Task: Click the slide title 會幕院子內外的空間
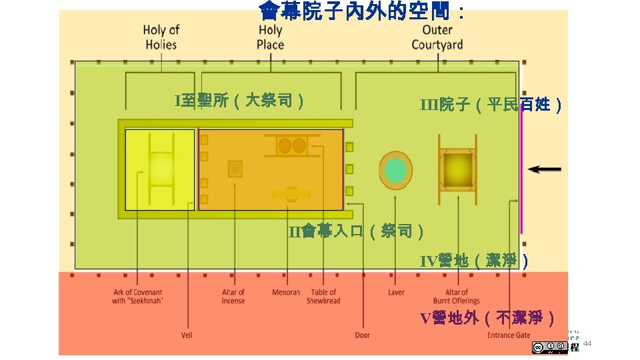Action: point(363,11)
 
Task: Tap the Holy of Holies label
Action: point(161,37)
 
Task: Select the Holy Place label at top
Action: point(270,37)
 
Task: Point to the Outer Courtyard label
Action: point(437,37)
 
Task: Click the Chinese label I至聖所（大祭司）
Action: point(241,101)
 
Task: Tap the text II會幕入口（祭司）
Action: point(357,231)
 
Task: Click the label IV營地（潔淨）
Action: point(475,261)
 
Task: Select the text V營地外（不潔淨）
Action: point(487,317)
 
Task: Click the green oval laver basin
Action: point(395,171)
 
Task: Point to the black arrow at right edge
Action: point(545,169)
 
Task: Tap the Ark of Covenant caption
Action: point(137,297)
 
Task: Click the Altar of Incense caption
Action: point(233,297)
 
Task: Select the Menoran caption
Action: point(286,293)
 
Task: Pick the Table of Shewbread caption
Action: point(323,297)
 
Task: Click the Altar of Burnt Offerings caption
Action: point(457,297)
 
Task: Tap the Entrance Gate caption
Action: point(509,335)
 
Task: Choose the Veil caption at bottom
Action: point(187,335)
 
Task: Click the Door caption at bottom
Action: point(362,335)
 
